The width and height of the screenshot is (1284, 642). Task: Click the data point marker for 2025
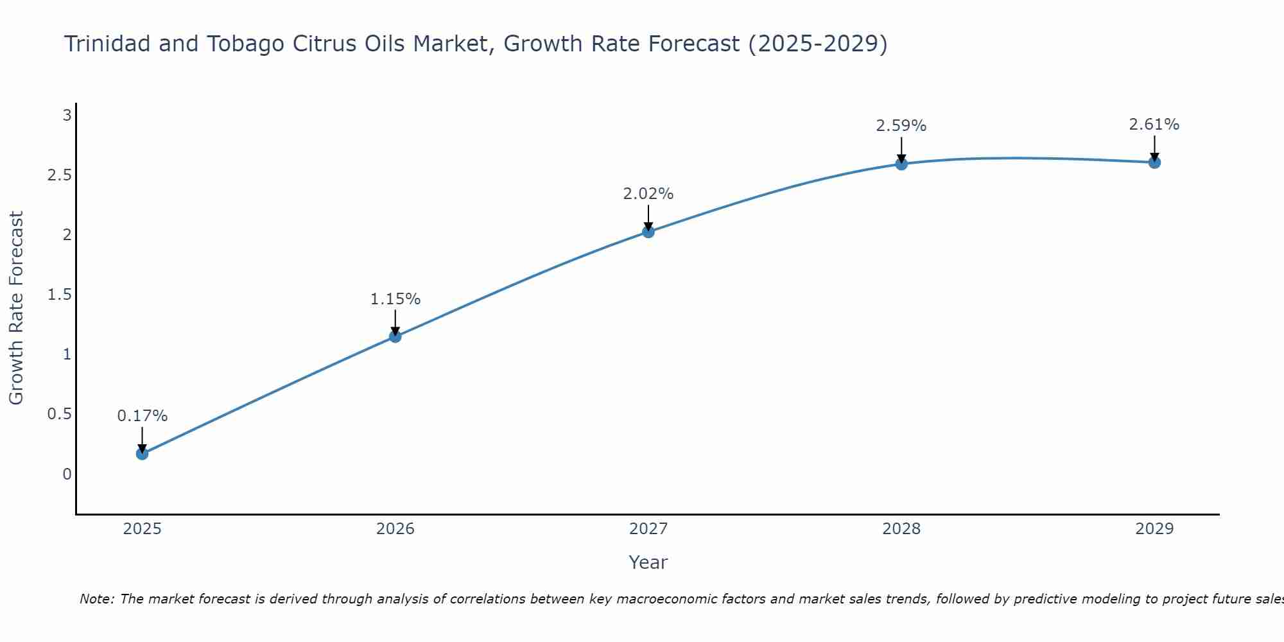coord(142,454)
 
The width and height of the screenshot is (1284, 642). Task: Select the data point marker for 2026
coord(395,336)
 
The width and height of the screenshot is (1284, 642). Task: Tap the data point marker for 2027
coord(648,232)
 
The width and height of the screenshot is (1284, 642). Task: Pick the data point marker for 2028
coord(901,164)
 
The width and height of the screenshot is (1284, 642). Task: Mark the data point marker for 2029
coord(1154,162)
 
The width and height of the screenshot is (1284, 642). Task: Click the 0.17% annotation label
coord(142,416)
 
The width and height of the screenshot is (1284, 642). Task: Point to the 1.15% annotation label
coord(395,299)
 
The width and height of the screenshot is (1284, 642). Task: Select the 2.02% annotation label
coord(648,194)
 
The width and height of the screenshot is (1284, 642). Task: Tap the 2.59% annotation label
coord(901,126)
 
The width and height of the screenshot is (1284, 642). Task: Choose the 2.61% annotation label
coord(1154,125)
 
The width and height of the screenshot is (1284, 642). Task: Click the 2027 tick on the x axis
coord(648,529)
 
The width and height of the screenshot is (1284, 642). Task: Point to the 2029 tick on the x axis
coord(1154,529)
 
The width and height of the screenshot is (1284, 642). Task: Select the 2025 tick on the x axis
coord(142,529)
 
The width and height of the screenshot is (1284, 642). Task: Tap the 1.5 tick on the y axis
coord(59,295)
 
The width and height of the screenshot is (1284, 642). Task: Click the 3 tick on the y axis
coord(66,116)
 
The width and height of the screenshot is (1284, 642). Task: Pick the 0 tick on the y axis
coord(67,474)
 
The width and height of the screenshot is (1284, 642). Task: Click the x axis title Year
coord(648,562)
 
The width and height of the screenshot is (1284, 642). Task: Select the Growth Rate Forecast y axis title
coord(17,308)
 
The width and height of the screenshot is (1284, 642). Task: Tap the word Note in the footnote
coord(96,599)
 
